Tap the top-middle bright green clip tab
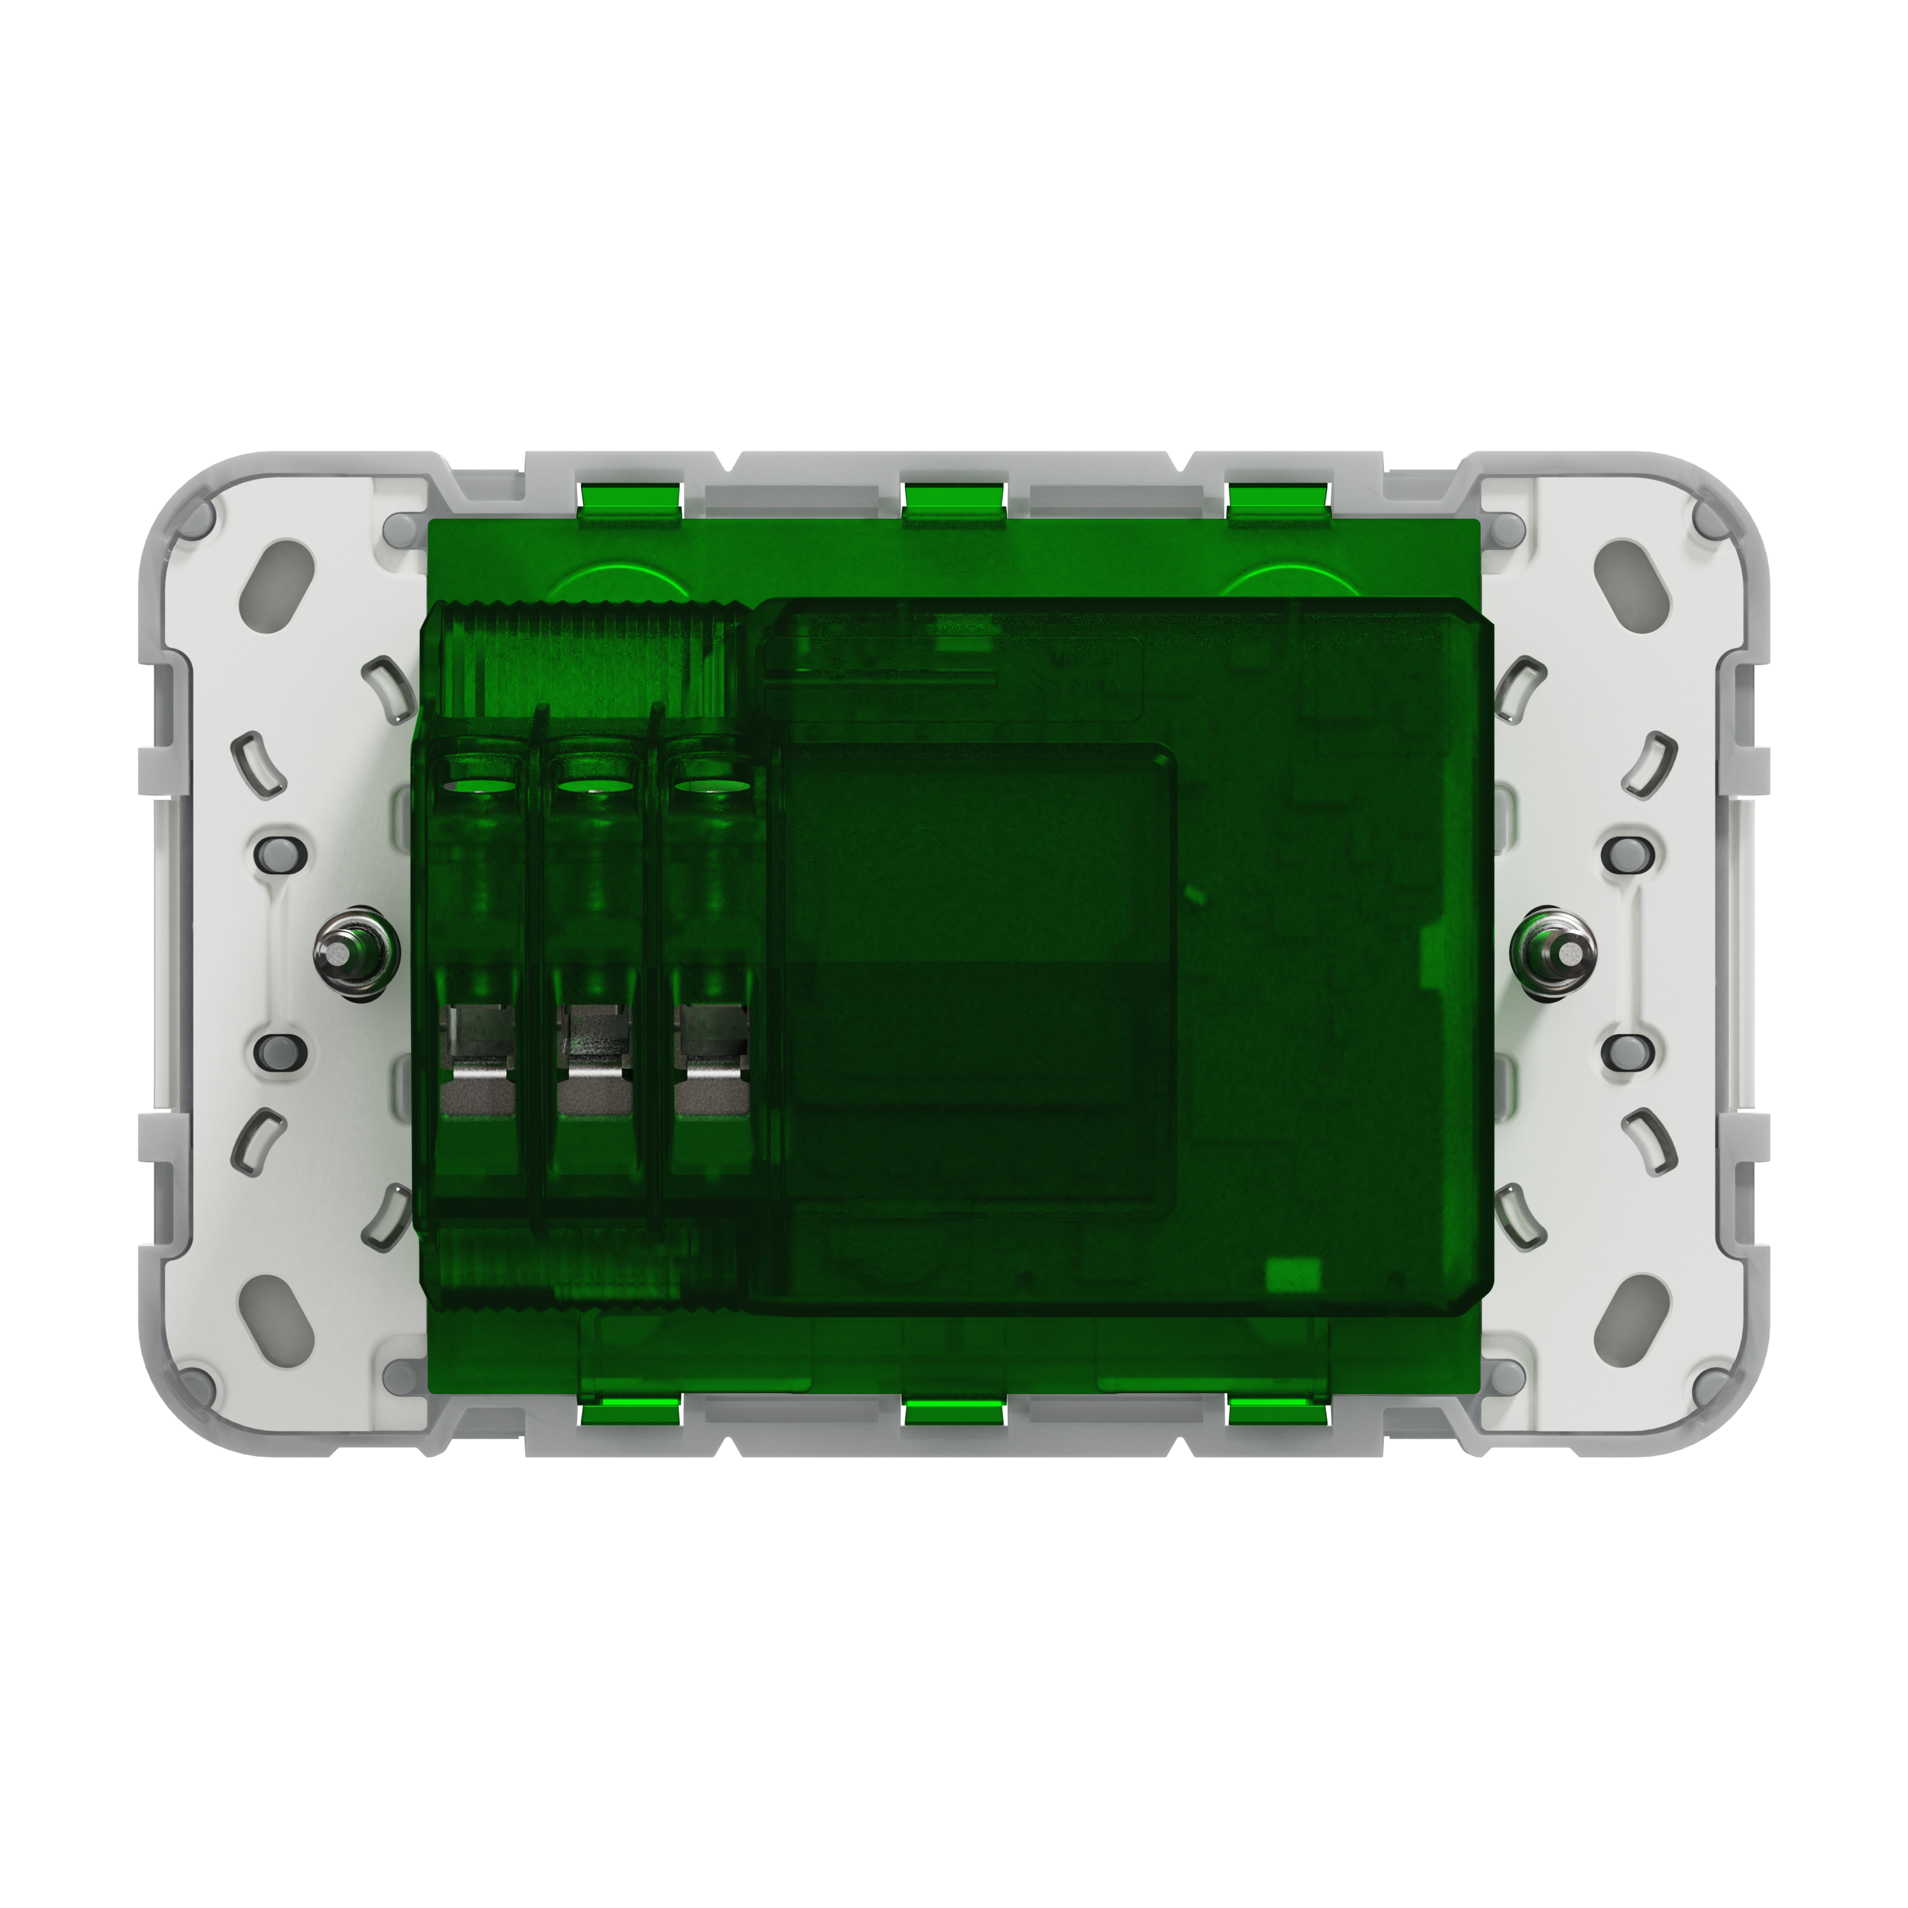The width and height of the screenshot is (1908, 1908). coord(954,499)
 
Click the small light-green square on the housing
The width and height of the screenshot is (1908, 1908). coord(1293,1274)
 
